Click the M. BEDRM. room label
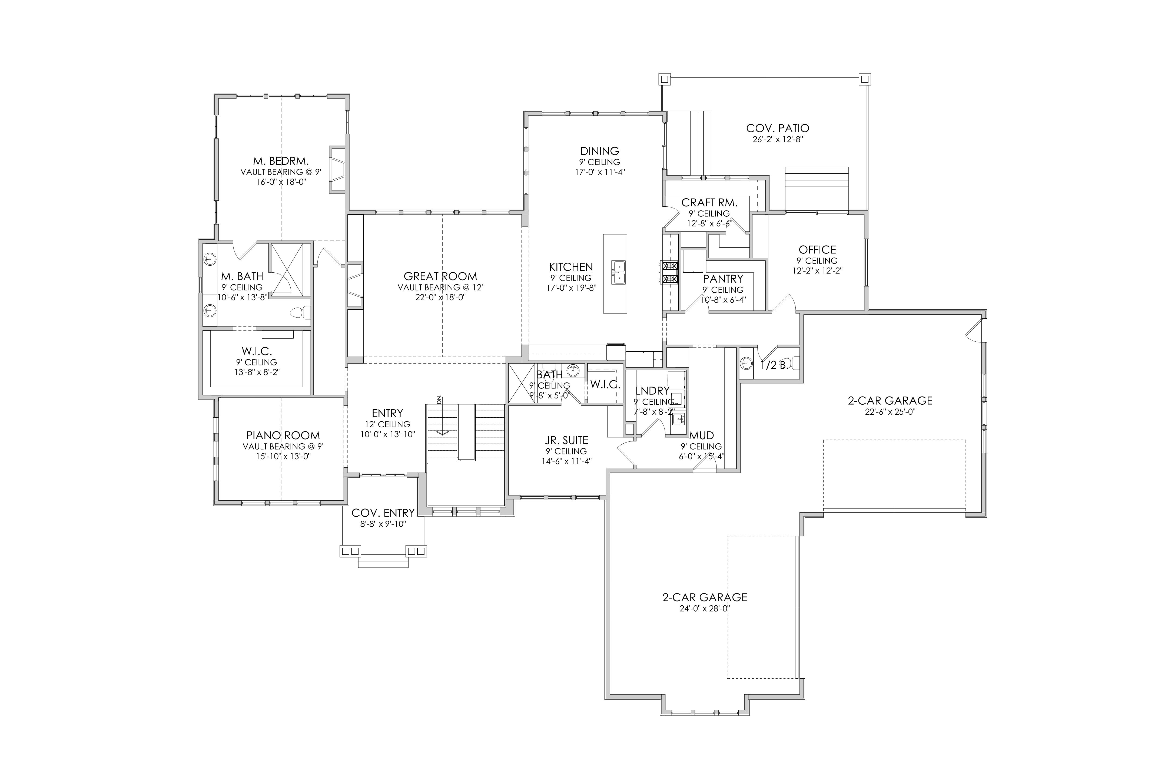[281, 161]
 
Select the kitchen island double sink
[618, 272]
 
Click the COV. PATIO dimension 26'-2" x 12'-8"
[778, 140]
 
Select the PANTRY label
[723, 279]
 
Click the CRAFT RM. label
[709, 202]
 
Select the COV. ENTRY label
[383, 513]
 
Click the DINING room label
[600, 151]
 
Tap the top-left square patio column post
[665, 79]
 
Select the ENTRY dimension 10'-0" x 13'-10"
[388, 434]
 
